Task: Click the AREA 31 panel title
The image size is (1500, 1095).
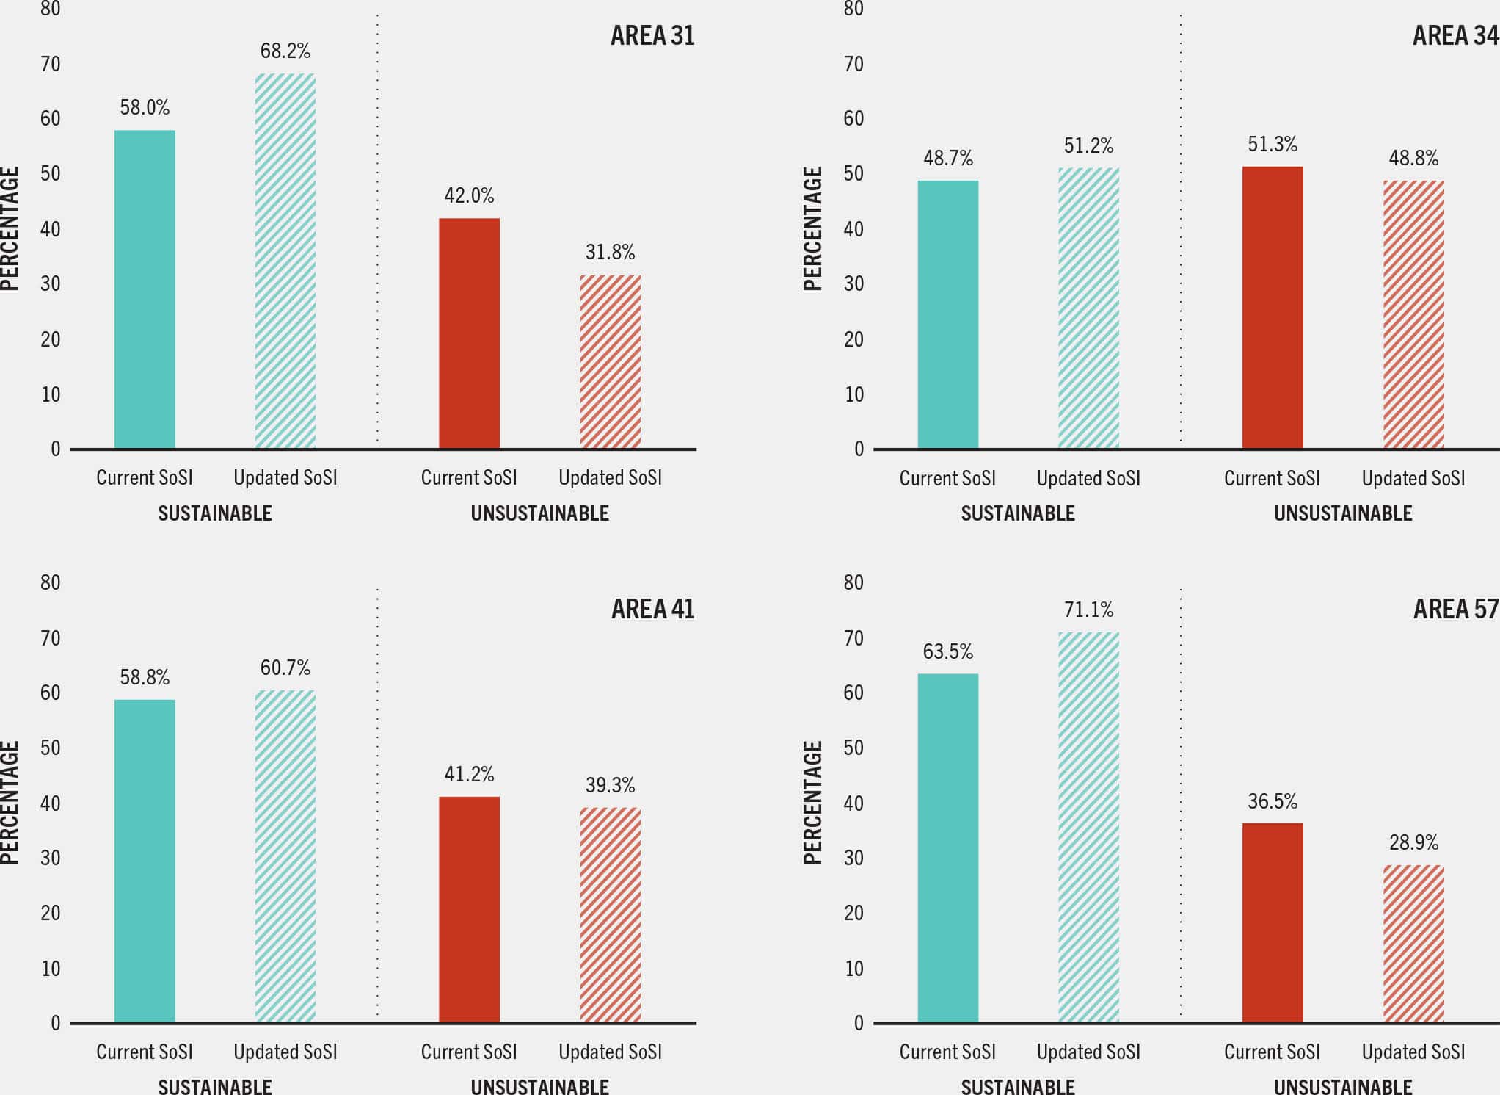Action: tap(652, 35)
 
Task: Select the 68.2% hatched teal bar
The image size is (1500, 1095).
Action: tap(285, 261)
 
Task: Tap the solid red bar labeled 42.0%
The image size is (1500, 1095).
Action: tap(469, 333)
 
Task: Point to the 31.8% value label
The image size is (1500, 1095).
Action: tap(610, 252)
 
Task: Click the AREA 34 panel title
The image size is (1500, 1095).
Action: tap(1455, 35)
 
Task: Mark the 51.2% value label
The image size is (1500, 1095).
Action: tap(1088, 145)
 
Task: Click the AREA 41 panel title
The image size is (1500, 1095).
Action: tap(652, 609)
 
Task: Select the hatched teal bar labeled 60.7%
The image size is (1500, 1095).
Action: tap(285, 856)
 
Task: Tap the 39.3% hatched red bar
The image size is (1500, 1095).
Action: tap(610, 915)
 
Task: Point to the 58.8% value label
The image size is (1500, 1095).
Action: tap(145, 676)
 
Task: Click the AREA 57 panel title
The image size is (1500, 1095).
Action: tap(1455, 609)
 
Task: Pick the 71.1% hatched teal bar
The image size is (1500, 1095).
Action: tap(1088, 827)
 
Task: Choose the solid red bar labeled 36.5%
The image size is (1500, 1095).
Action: tap(1273, 922)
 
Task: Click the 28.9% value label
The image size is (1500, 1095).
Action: tap(1413, 842)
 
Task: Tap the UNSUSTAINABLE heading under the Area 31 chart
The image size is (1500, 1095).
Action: tap(539, 513)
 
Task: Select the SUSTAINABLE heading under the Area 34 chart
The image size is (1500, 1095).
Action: tap(1018, 513)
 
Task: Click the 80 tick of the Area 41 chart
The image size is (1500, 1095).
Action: tap(50, 582)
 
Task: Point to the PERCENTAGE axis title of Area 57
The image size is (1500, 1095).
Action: tap(812, 802)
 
